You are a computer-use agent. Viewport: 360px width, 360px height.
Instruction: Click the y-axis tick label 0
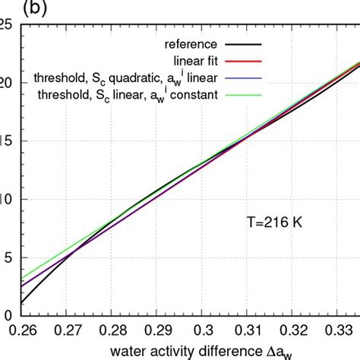point(8,315)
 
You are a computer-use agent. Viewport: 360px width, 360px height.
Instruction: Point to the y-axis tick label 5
point(8,257)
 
